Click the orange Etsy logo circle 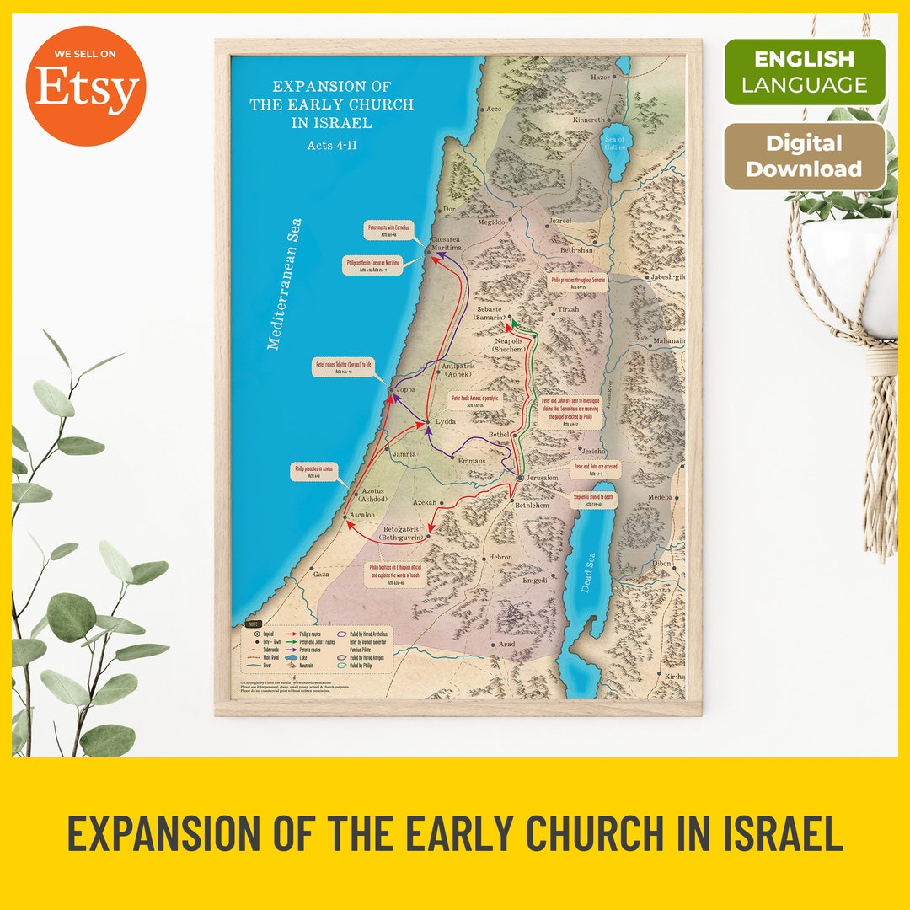click(x=85, y=85)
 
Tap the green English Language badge click(x=805, y=72)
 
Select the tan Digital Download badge click(x=805, y=157)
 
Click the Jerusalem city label click(x=543, y=478)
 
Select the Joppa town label click(x=406, y=390)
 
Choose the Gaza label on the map click(x=321, y=574)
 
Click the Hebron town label click(x=500, y=558)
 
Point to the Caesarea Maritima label click(x=447, y=244)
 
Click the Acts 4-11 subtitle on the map click(x=332, y=145)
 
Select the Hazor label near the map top click(x=600, y=77)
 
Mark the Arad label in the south click(x=506, y=644)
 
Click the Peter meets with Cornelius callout click(x=393, y=229)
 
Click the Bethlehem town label click(x=533, y=505)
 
